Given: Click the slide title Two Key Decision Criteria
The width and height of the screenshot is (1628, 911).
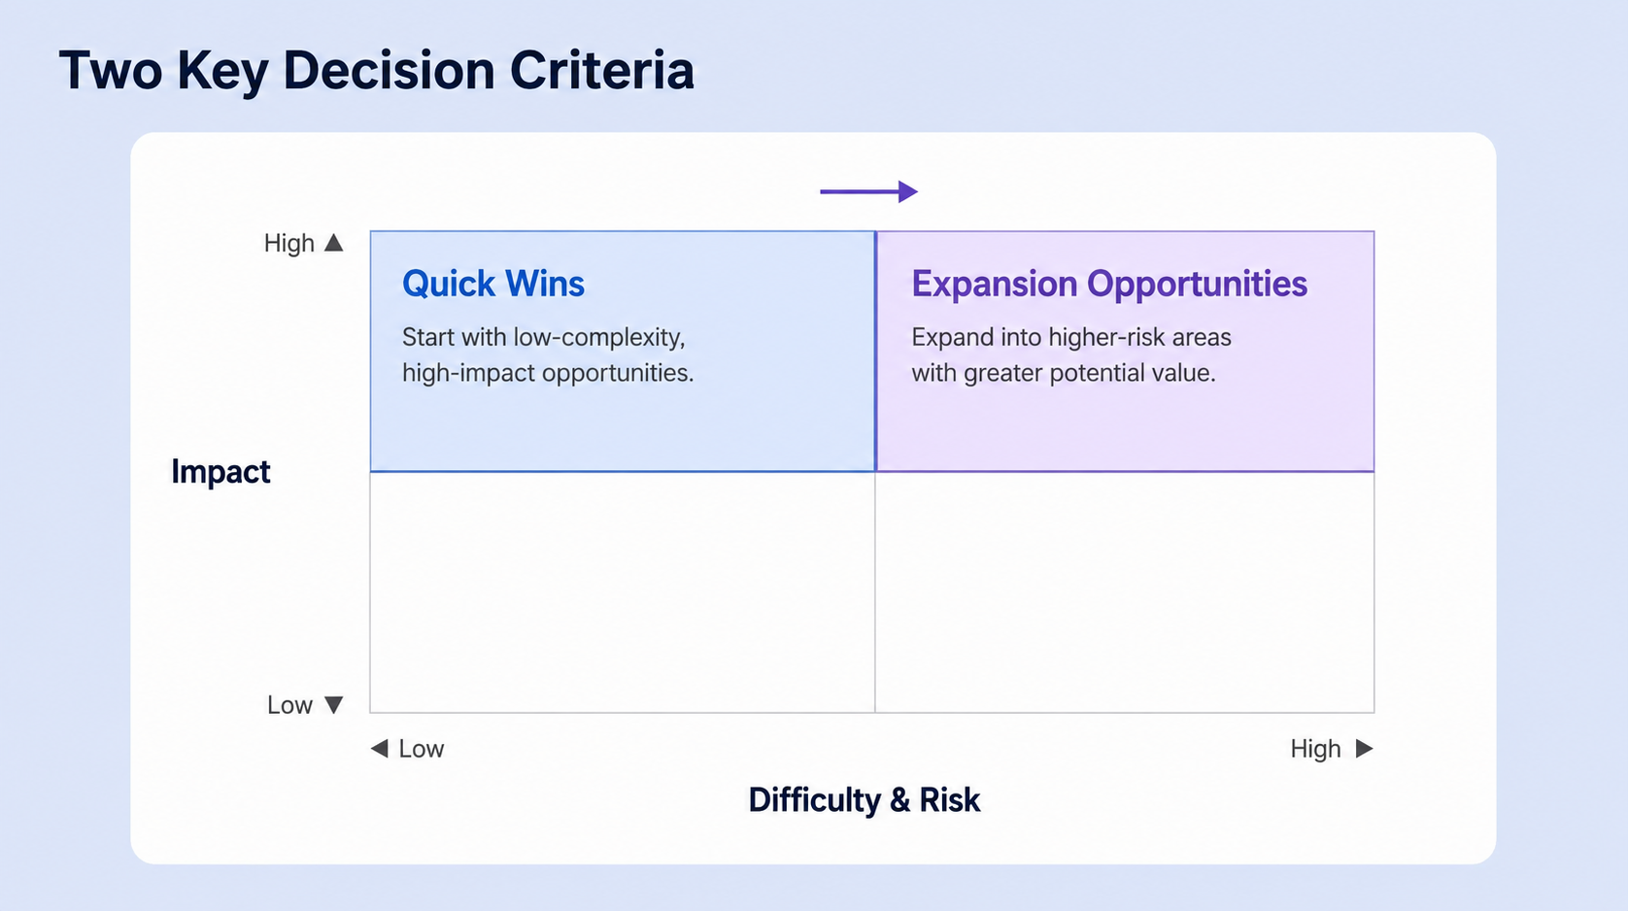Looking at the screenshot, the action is coord(377,71).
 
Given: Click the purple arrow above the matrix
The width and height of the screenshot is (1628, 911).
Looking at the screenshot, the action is coord(869,191).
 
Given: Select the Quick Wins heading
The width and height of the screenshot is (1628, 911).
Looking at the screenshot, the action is coord(493,284).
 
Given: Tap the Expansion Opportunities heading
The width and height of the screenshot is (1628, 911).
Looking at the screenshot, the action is coord(1110,284).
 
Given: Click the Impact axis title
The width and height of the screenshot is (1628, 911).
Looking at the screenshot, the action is coord(220,471).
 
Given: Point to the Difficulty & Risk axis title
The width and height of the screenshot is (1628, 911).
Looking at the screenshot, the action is coord(865,800).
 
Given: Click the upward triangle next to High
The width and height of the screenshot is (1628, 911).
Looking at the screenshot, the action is coord(333,242).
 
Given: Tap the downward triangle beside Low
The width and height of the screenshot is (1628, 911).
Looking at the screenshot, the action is coord(333,705).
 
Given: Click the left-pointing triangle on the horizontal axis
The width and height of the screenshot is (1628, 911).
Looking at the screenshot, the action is coord(380,748).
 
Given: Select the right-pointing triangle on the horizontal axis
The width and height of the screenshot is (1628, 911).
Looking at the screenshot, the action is coord(1365,748).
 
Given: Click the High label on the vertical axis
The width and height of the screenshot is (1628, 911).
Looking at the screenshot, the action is coord(289,243).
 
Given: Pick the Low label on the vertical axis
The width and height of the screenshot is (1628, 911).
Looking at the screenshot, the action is coord(290,705).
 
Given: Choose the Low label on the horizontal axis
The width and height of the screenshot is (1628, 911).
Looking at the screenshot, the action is coord(422,748).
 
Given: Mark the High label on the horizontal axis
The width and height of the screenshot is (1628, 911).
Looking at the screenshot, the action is coord(1315,748).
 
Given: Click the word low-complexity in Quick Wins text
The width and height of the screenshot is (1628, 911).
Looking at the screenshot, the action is coord(599,338).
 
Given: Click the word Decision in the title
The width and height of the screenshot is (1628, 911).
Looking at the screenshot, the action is coord(389,71).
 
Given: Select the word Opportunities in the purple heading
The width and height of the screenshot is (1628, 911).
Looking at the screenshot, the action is coord(1198,285).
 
